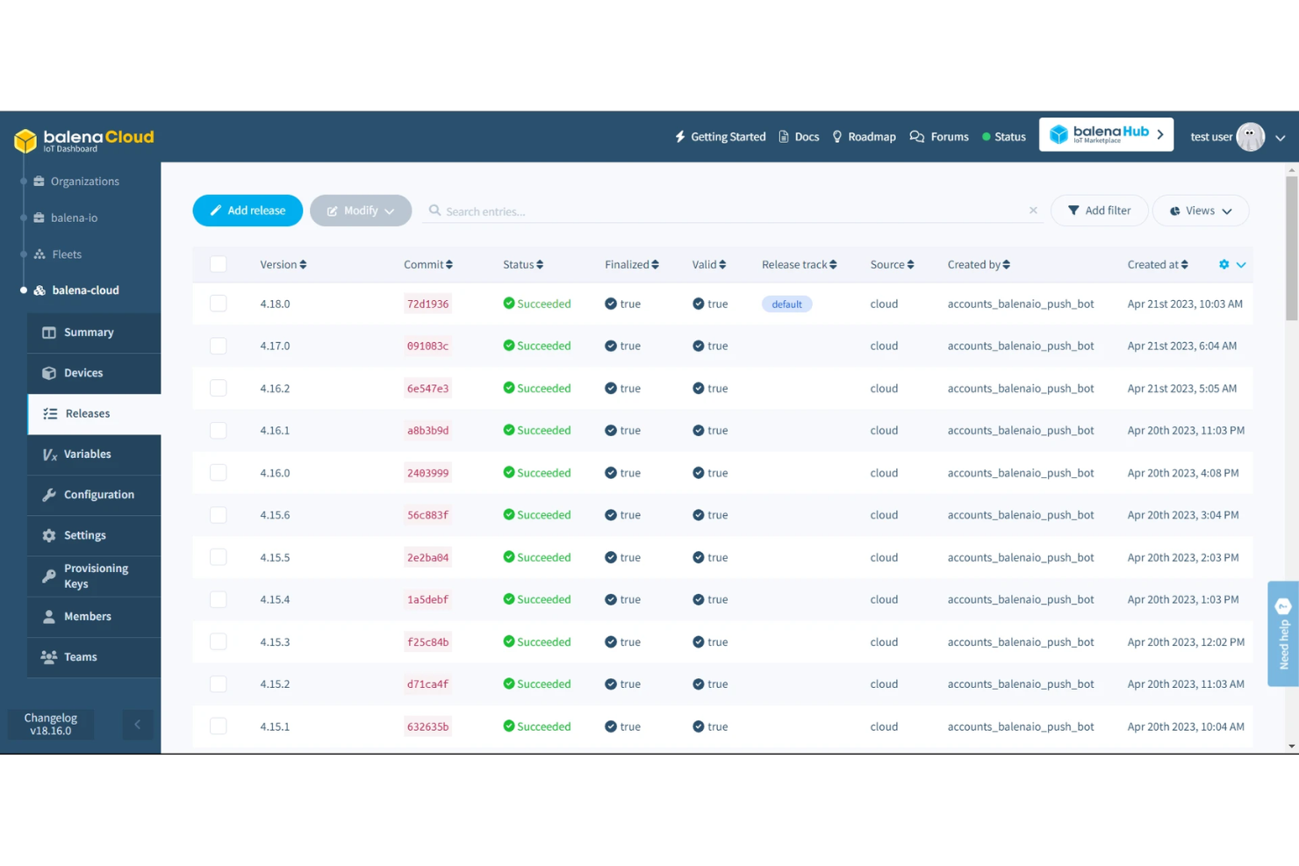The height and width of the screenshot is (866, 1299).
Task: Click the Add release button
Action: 248,211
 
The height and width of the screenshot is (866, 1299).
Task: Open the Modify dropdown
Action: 360,211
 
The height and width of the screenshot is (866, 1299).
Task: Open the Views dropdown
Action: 1200,211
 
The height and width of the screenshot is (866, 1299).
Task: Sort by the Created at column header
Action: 1157,265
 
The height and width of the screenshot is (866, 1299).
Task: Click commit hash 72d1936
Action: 427,304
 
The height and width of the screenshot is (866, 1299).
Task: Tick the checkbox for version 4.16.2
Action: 219,388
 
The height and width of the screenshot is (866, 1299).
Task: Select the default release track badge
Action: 786,304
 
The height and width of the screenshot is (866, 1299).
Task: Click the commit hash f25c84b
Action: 427,642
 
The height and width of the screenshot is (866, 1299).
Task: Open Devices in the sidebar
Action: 83,373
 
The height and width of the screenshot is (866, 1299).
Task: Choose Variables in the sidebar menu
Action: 87,454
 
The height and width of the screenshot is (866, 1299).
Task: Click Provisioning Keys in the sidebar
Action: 95,576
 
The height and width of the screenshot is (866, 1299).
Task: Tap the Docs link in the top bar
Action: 799,137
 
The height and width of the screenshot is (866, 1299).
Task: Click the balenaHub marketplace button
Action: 1106,134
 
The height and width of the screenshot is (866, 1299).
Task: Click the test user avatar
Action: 1250,137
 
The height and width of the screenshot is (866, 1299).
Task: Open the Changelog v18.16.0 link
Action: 51,724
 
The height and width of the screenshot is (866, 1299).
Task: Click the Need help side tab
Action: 1283,633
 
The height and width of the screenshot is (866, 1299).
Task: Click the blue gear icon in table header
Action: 1224,265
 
